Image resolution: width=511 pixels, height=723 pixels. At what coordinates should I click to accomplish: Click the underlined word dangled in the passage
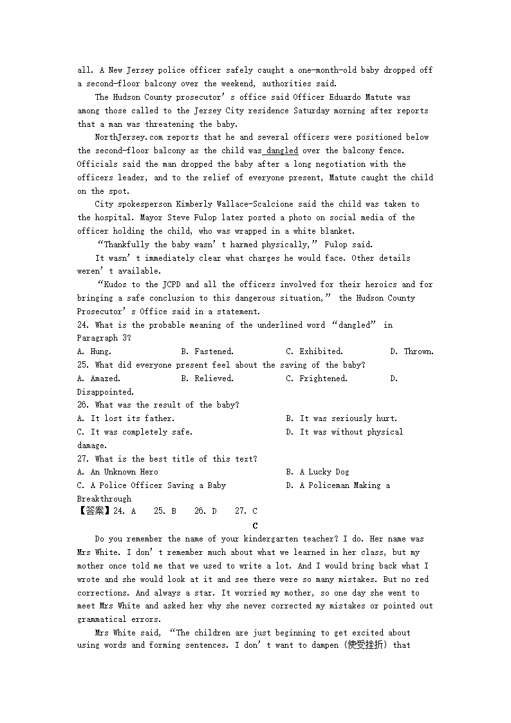(282, 151)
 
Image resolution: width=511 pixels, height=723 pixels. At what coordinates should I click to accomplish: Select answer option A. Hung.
(94, 352)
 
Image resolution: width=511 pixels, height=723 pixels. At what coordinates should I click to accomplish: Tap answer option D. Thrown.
(412, 352)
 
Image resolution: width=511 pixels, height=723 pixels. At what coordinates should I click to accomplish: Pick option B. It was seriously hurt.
(341, 418)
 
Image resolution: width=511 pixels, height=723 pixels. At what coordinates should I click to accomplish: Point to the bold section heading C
(256, 525)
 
